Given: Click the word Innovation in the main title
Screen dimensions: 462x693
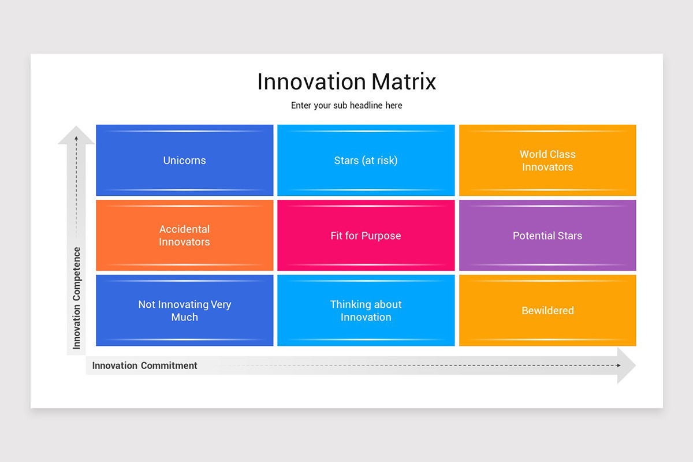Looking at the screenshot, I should pyautogui.click(x=311, y=82).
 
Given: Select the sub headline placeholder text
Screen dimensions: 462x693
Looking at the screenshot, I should pyautogui.click(x=346, y=106).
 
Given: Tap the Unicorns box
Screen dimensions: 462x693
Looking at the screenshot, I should pyautogui.click(x=184, y=161).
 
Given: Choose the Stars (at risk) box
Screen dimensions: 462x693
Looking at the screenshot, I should pyautogui.click(x=366, y=161).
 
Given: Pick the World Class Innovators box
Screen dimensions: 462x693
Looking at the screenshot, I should pyautogui.click(x=547, y=161).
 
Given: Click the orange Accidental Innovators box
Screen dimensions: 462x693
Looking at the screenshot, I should pyautogui.click(x=184, y=236).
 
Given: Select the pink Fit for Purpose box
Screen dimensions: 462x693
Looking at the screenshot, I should pyautogui.click(x=366, y=236).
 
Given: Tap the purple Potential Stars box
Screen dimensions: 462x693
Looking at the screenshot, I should pyautogui.click(x=547, y=236).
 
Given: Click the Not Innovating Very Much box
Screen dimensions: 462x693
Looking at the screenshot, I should pyautogui.click(x=184, y=311).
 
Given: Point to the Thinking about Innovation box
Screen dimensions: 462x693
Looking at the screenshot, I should pyautogui.click(x=366, y=311).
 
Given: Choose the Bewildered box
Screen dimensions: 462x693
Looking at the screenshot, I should pyautogui.click(x=547, y=311).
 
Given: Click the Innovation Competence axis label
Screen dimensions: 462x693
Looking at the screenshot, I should pyautogui.click(x=77, y=298).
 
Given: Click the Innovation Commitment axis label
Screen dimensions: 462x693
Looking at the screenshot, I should pyautogui.click(x=145, y=366).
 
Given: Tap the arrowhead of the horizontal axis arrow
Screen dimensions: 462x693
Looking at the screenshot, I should pyautogui.click(x=627, y=366).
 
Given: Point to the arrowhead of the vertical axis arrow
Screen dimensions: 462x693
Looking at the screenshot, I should pyautogui.click(x=76, y=135).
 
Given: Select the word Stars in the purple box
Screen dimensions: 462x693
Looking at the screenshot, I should pyautogui.click(x=568, y=236).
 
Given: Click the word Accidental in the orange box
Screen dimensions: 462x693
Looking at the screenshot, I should pyautogui.click(x=184, y=229).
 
